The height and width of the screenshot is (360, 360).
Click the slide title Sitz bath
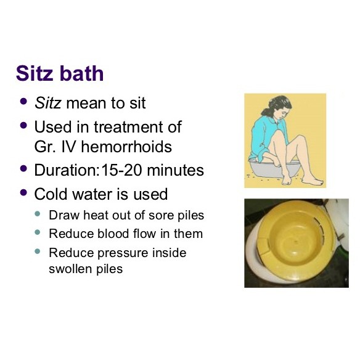pos(60,74)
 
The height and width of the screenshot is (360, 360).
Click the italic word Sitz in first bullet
pos(47,102)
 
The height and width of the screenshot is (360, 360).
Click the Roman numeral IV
pos(67,147)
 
